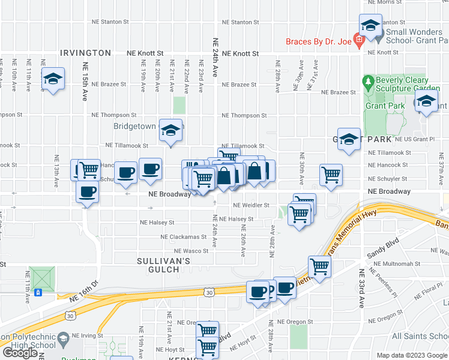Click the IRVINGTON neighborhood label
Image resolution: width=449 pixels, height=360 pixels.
click(85, 53)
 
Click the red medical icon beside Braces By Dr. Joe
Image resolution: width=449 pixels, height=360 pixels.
click(359, 42)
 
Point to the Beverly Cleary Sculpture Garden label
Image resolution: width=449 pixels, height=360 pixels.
click(402, 84)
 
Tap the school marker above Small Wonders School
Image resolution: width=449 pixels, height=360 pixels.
click(371, 26)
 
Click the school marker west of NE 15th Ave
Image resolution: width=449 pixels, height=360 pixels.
click(53, 79)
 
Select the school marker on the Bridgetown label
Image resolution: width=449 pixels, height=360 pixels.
click(171, 131)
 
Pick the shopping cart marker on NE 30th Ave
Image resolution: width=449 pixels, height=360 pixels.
click(331, 175)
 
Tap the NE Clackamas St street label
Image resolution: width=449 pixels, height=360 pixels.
click(183, 237)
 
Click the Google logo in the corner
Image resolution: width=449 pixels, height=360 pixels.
click(20, 353)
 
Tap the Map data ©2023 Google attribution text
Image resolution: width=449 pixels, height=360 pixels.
click(411, 355)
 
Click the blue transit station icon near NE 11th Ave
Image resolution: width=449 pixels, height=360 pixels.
click(38, 293)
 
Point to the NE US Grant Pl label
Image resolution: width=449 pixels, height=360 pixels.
click(414, 139)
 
